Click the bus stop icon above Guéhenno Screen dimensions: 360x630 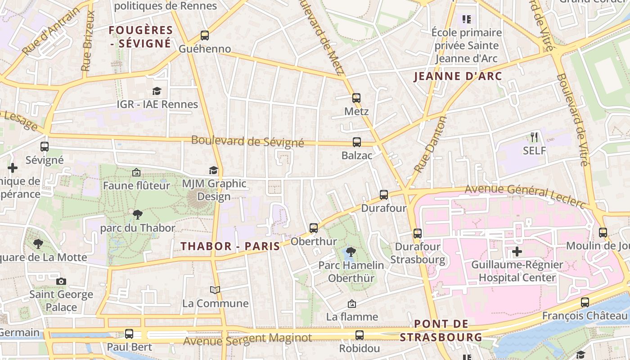pyautogui.click(x=205, y=35)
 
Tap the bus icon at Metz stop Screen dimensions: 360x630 pyautogui.click(x=356, y=98)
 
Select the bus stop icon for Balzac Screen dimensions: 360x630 pyautogui.click(x=357, y=142)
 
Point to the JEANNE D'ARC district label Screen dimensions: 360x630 pyautogui.click(x=458, y=76)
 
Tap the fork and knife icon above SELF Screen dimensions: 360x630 pyautogui.click(x=534, y=137)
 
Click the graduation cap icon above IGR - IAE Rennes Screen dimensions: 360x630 pyautogui.click(x=157, y=91)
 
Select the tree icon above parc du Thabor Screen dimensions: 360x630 pyautogui.click(x=137, y=215)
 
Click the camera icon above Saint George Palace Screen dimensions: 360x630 pyautogui.click(x=61, y=281)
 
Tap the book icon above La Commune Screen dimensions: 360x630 pyautogui.click(x=216, y=290)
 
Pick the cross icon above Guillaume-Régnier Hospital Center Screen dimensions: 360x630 pyautogui.click(x=517, y=251)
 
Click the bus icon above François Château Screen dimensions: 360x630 pyautogui.click(x=585, y=302)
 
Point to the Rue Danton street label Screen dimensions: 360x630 pyautogui.click(x=430, y=144)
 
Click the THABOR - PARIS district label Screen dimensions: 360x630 pyautogui.click(x=230, y=246)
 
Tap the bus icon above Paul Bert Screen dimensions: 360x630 pyautogui.click(x=129, y=334)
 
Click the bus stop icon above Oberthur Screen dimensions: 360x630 pyautogui.click(x=314, y=228)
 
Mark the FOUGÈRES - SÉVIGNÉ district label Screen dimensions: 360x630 pyautogui.click(x=141, y=36)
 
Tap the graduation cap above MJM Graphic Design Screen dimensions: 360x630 pyautogui.click(x=213, y=171)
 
